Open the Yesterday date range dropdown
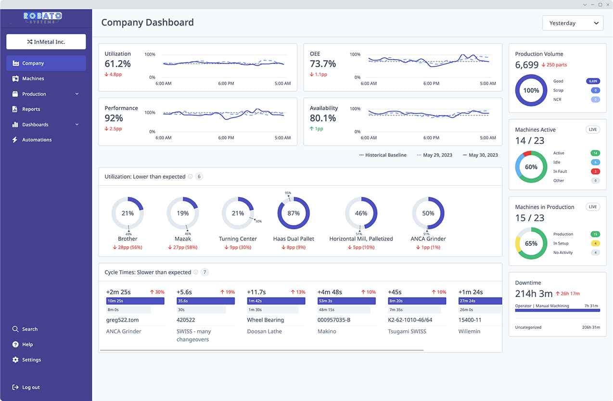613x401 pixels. coord(573,23)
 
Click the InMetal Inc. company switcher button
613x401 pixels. coord(46,42)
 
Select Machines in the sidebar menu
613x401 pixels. coord(33,78)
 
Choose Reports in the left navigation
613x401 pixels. coord(31,109)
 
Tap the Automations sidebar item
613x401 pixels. coord(37,140)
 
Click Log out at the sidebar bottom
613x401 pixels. coord(31,388)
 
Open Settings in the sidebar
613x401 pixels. coord(31,360)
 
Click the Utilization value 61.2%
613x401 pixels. coord(118,64)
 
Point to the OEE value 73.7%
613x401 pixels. coord(323,64)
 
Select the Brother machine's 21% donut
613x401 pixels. coord(128,213)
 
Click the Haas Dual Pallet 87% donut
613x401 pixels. coord(294,213)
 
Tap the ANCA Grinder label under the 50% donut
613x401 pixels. coord(428,239)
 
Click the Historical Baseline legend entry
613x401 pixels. coord(383,155)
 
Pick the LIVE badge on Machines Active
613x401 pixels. coord(593,130)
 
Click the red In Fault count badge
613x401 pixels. coord(595,172)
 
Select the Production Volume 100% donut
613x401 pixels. coord(531,90)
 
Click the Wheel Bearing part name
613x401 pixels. coord(266,320)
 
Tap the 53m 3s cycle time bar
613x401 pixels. coord(346,301)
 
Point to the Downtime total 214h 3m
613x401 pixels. coord(534,294)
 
